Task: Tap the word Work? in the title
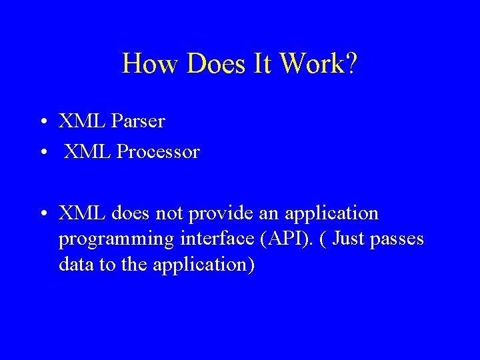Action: point(319,64)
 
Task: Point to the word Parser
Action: point(138,121)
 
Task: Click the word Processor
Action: point(158,152)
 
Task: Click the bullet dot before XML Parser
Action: point(42,122)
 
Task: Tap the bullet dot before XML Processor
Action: point(42,153)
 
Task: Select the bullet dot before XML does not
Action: point(42,214)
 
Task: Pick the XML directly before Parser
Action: point(82,121)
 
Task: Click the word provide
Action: point(218,214)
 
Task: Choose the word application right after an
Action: point(331,214)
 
